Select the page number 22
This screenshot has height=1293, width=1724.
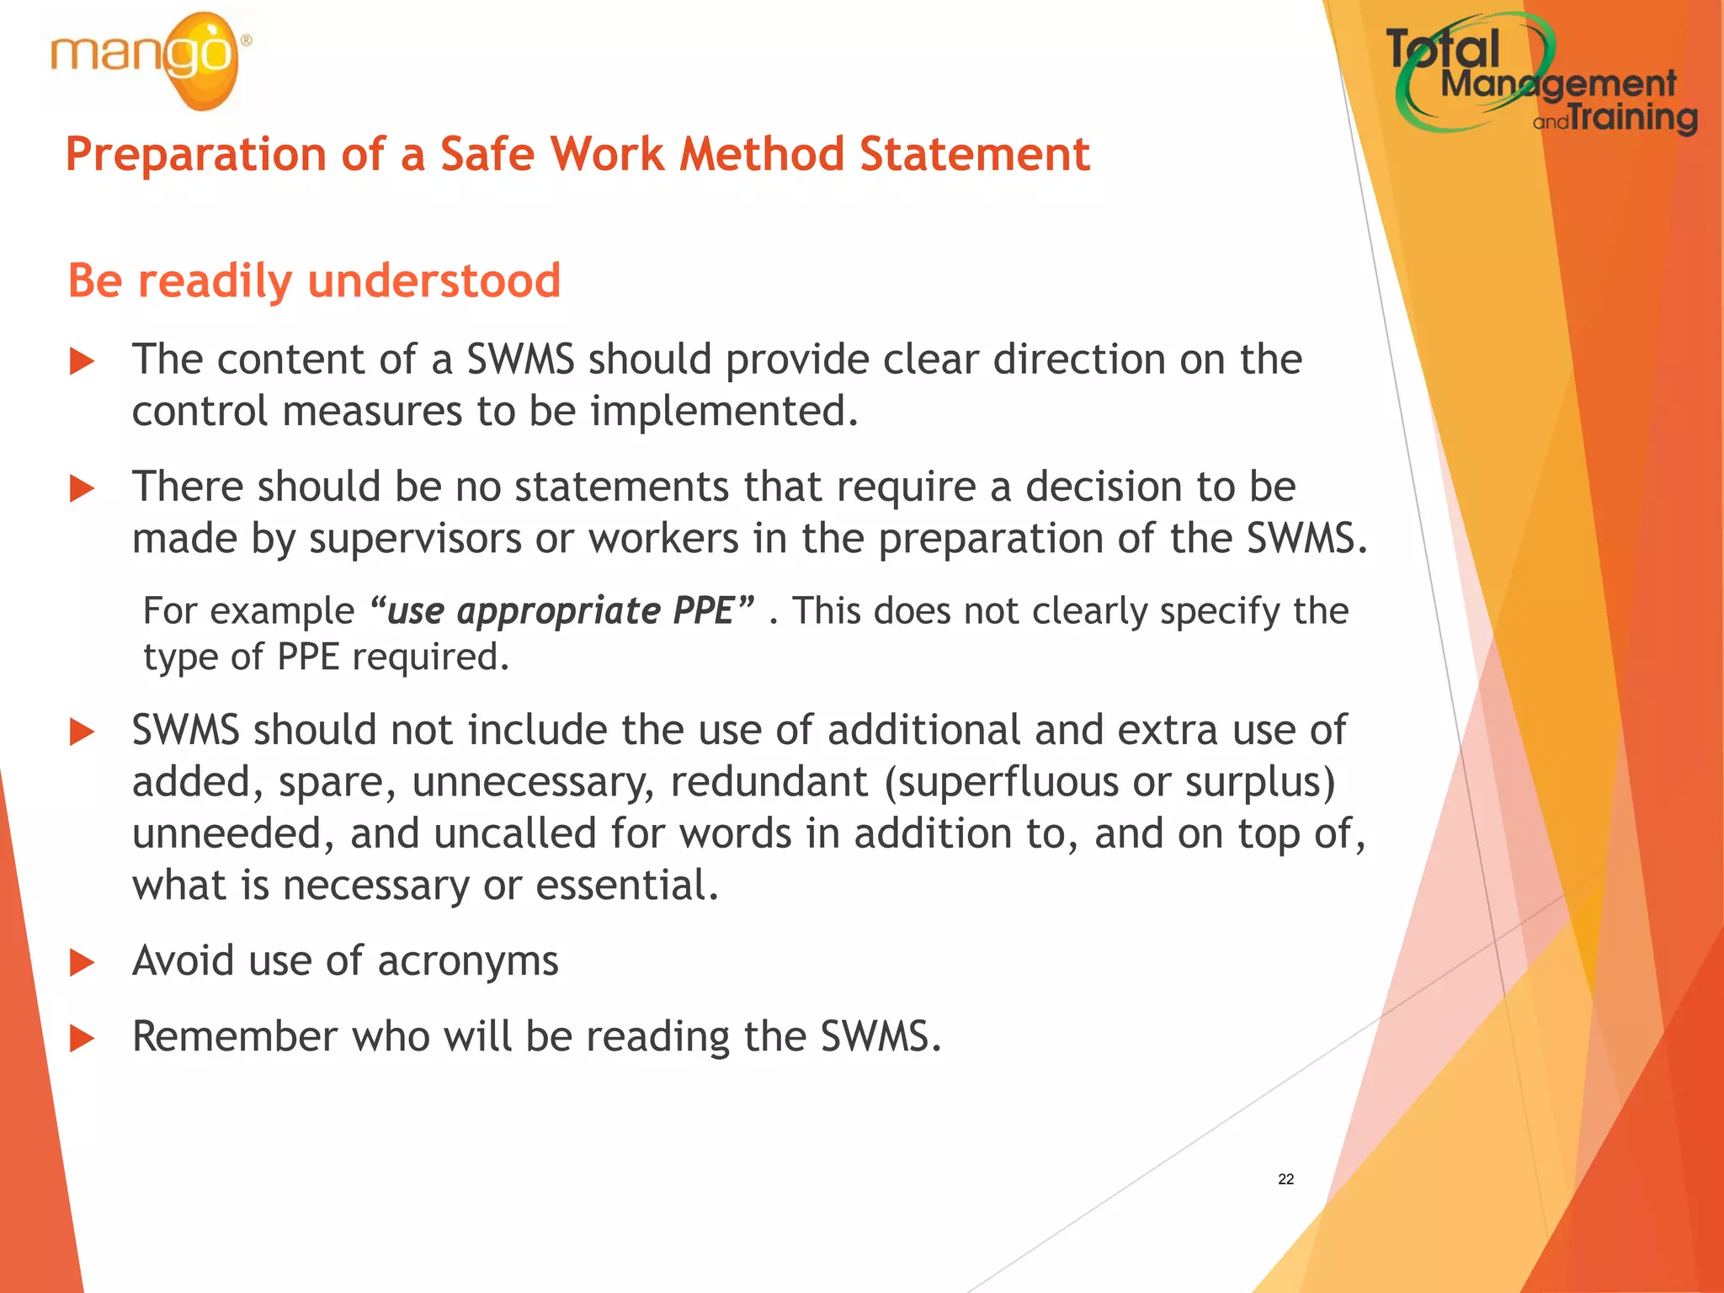click(1285, 1179)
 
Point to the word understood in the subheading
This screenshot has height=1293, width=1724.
click(434, 280)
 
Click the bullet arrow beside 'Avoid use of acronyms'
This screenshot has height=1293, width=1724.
click(82, 962)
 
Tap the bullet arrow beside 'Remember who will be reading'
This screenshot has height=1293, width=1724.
click(82, 1038)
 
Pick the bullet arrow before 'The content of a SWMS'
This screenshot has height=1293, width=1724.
click(82, 362)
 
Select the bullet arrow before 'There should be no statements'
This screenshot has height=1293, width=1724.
click(82, 488)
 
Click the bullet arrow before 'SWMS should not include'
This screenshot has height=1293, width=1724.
click(82, 732)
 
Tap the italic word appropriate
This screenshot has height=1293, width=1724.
click(558, 611)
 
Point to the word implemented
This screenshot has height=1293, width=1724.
click(724, 412)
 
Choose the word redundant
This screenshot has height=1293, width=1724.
click(769, 782)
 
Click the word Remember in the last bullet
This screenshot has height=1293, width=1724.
click(235, 1036)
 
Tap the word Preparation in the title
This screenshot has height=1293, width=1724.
click(195, 155)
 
